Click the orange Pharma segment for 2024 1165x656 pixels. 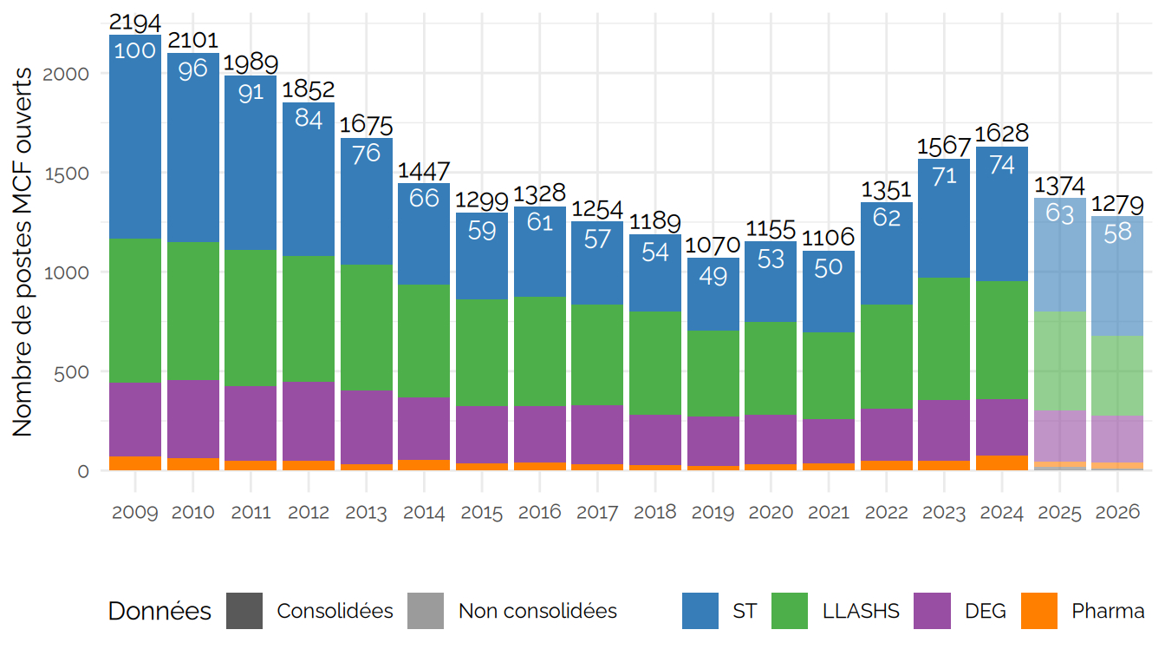[1002, 462]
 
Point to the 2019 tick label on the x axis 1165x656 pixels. [713, 513]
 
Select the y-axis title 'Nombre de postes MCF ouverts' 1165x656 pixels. [23, 252]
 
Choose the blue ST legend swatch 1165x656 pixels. [700, 611]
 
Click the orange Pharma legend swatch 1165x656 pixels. [1040, 611]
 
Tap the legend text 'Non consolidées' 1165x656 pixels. [537, 611]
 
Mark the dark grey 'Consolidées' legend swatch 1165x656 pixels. [244, 611]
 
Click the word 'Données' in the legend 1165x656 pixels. [159, 611]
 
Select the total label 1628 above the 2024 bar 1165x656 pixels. [1002, 134]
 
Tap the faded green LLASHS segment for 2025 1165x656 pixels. [1059, 360]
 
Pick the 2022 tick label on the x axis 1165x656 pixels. [886, 513]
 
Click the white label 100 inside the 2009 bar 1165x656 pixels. [135, 50]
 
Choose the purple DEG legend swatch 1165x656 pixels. [933, 611]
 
